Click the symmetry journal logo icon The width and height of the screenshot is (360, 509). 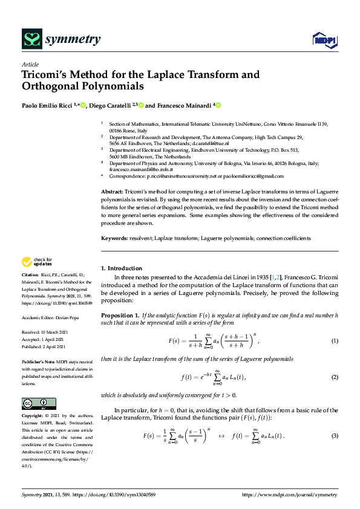click(x=31, y=39)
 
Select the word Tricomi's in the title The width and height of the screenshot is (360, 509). click(x=48, y=75)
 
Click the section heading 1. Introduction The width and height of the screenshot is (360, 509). click(x=122, y=268)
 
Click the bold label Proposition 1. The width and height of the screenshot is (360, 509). click(x=119, y=316)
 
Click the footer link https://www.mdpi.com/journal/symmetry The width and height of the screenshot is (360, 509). click(x=289, y=494)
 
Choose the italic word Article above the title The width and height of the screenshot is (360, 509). click(x=30, y=64)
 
